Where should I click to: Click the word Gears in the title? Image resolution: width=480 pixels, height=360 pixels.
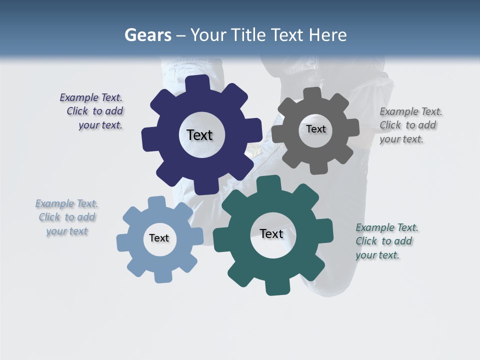tap(147, 35)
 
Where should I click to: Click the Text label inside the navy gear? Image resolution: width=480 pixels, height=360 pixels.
tap(199, 135)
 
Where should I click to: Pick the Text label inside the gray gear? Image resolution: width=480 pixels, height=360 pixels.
tap(315, 129)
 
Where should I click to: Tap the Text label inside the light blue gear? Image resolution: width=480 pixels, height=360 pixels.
tap(159, 238)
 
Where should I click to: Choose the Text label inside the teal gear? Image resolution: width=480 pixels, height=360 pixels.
tap(271, 234)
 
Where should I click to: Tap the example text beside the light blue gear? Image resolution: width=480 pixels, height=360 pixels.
tap(67, 217)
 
